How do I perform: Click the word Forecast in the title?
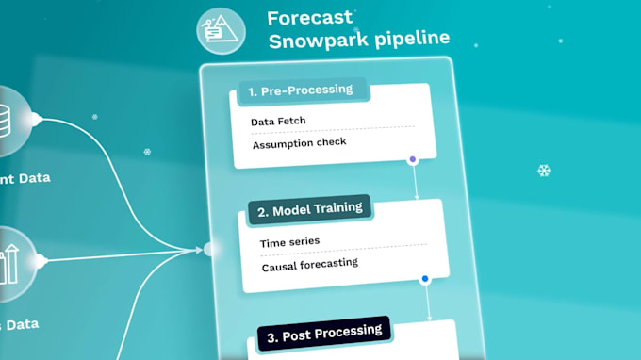click(310, 18)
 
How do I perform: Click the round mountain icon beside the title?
click(221, 31)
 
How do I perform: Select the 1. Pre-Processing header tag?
click(299, 91)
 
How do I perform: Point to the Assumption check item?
click(299, 143)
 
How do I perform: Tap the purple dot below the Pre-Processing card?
click(412, 160)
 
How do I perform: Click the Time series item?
click(289, 241)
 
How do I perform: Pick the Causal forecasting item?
click(309, 263)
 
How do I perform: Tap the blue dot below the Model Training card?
click(425, 279)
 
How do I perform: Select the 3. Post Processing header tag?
click(323, 333)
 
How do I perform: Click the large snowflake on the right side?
click(544, 171)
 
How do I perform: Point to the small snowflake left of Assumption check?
click(147, 152)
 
